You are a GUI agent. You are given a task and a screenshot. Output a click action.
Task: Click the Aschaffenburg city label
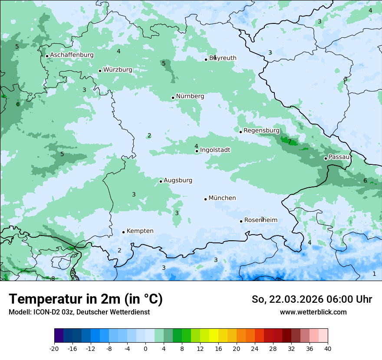click(72, 55)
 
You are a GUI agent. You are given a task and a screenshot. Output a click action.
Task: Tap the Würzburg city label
click(118, 70)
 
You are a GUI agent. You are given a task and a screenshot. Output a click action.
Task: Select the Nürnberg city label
click(190, 96)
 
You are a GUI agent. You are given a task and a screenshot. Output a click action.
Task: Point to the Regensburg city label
click(261, 131)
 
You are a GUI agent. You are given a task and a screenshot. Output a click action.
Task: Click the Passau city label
click(339, 157)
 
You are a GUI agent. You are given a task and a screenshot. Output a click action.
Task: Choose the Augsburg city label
click(178, 180)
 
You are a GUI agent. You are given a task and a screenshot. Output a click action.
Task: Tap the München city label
click(222, 198)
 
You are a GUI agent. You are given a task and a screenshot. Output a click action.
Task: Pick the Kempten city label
click(140, 231)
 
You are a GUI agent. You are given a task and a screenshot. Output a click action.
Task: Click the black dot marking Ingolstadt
click(197, 151)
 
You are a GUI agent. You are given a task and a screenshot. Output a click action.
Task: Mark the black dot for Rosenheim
click(241, 221)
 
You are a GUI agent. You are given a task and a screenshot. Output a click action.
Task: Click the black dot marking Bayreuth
click(206, 59)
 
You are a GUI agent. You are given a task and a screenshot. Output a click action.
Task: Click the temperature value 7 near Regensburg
click(290, 142)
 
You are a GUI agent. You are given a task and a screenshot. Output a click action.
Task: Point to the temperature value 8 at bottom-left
click(53, 278)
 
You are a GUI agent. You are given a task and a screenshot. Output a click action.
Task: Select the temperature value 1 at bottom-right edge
click(374, 274)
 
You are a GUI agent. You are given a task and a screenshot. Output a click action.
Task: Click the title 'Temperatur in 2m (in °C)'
click(86, 299)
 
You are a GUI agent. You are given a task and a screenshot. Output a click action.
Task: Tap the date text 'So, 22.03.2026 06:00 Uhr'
click(312, 299)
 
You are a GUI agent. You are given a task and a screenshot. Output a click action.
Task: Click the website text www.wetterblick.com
click(313, 312)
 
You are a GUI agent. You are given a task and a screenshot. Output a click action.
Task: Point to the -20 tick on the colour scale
click(54, 348)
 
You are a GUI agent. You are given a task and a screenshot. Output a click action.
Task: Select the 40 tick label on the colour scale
click(327, 348)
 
